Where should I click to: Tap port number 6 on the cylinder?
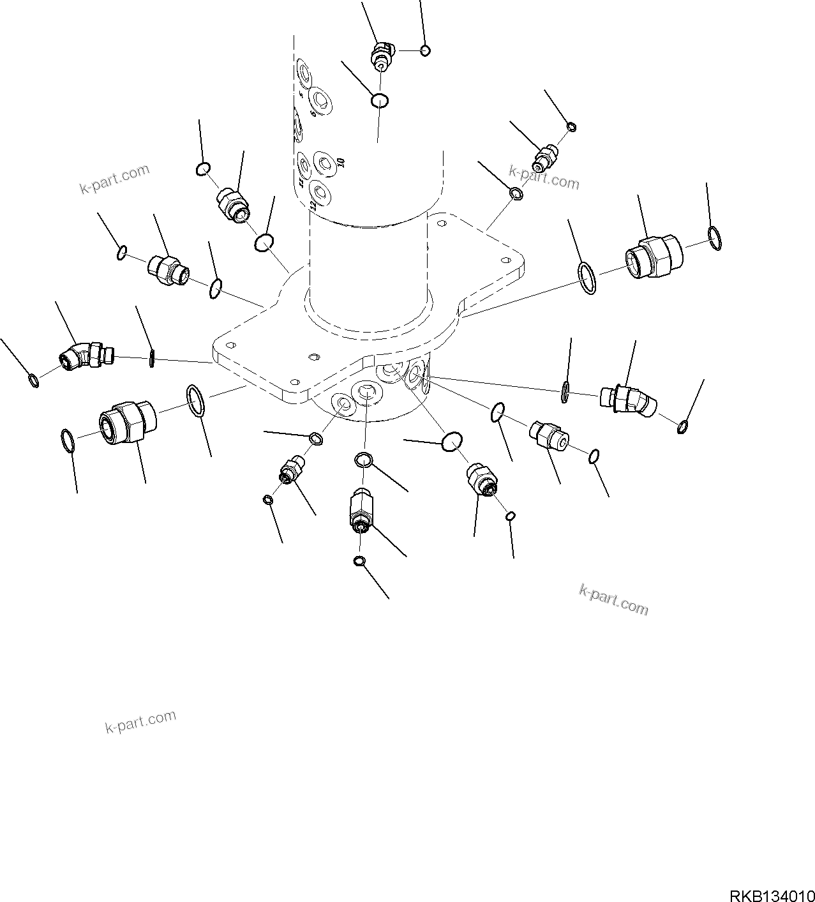[312, 113]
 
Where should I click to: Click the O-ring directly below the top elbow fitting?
[380, 100]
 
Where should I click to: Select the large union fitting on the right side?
[654, 257]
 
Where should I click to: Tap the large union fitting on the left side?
[127, 422]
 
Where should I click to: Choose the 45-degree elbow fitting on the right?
[628, 399]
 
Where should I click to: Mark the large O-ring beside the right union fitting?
[587, 278]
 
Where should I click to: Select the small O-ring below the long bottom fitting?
[359, 561]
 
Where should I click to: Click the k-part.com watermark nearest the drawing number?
[613, 600]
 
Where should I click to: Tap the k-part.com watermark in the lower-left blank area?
[140, 721]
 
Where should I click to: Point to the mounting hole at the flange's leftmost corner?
[231, 345]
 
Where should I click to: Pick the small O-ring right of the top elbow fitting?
[426, 50]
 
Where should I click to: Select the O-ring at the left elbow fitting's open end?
[34, 381]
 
